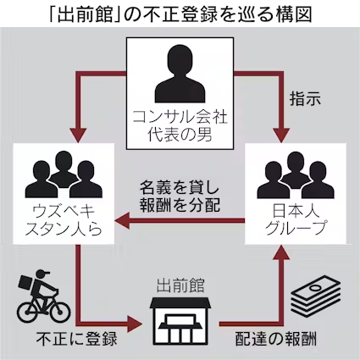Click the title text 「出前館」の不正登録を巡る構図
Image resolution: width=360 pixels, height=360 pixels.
[x=180, y=14]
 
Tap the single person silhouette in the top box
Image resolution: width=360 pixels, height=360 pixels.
[x=180, y=74]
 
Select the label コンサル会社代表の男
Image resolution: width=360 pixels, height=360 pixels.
[x=180, y=126]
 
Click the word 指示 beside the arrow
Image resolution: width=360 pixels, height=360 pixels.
[x=305, y=99]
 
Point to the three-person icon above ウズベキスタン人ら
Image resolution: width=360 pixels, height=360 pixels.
[x=64, y=174]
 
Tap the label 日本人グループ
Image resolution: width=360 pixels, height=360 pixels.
[x=296, y=219]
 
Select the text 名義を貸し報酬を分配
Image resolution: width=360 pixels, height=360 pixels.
[x=180, y=197]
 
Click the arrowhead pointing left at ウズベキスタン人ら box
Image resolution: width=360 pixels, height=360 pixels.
[x=122, y=220]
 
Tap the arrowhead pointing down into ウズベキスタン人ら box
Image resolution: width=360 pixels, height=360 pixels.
[x=78, y=136]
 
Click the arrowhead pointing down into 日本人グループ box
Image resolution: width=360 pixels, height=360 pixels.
[x=281, y=136]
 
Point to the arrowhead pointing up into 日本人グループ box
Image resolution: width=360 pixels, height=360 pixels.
[x=281, y=252]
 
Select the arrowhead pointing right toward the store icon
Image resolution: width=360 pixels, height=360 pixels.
[x=134, y=324]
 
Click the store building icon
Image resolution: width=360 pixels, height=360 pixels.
[x=180, y=321]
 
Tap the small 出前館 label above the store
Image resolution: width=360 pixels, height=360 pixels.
[x=180, y=285]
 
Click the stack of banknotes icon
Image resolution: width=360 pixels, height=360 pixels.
[x=316, y=296]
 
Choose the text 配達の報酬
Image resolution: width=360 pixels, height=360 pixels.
[x=276, y=338]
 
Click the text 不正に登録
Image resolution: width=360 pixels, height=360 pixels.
[x=76, y=338]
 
